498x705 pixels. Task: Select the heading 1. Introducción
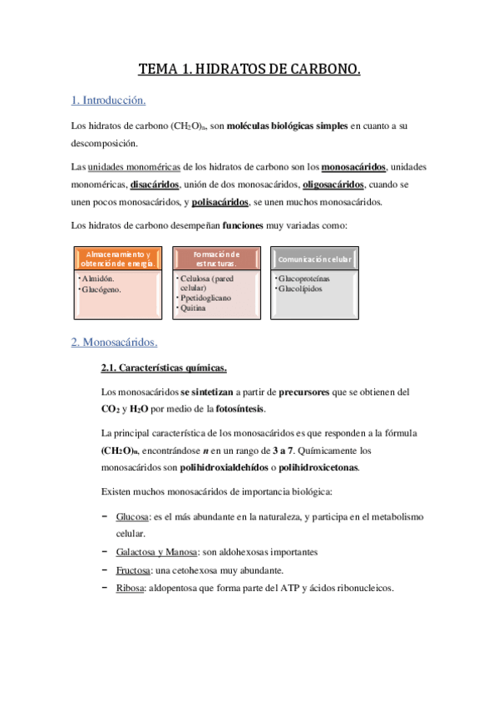point(109,101)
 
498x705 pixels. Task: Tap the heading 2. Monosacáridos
point(114,342)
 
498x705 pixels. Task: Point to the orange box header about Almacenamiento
point(118,259)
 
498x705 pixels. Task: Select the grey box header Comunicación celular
point(315,259)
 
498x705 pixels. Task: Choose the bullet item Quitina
point(194,308)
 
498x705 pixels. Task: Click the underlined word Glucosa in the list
point(133,516)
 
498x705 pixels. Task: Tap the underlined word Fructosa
point(134,569)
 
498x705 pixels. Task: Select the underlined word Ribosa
point(131,588)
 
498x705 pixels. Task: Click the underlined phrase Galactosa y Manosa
point(157,552)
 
